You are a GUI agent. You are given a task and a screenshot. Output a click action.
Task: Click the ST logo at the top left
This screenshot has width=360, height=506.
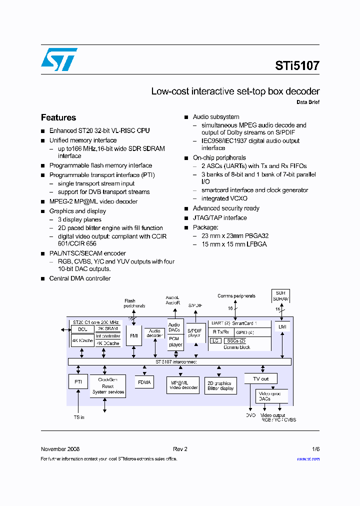tap(59, 59)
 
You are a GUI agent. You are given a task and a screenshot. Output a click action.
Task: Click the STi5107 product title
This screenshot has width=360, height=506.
tap(297, 65)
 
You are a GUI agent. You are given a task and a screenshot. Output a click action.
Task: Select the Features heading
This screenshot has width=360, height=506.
tap(58, 117)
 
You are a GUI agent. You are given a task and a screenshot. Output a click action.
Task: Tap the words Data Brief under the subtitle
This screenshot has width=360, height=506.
tap(308, 102)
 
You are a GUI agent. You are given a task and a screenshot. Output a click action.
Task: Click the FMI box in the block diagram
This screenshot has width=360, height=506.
tap(134, 335)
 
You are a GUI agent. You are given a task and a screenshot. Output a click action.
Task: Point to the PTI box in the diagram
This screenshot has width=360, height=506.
tap(78, 381)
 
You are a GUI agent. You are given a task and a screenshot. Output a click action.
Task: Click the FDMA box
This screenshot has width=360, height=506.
tap(144, 382)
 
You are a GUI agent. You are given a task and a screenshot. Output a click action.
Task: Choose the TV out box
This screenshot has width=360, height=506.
tap(260, 378)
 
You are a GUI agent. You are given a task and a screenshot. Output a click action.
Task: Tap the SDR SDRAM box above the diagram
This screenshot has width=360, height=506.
tap(280, 295)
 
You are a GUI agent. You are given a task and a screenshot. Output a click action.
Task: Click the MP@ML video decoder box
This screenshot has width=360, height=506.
tap(183, 385)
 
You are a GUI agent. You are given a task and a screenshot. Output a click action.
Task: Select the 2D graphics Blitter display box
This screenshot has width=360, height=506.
tap(220, 385)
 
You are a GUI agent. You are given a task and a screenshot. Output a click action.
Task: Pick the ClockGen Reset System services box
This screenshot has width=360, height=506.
tap(107, 386)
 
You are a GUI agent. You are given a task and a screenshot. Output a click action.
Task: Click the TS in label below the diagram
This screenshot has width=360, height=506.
tap(79, 417)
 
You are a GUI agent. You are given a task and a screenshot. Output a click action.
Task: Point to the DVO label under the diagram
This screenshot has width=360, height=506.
tap(250, 415)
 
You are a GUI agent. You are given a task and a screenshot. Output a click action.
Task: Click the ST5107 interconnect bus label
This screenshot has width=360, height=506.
tap(175, 361)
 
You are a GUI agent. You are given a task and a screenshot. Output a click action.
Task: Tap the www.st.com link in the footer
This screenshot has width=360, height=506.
tap(308, 459)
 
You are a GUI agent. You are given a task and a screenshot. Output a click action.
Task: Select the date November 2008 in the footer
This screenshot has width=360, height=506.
tap(60, 449)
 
